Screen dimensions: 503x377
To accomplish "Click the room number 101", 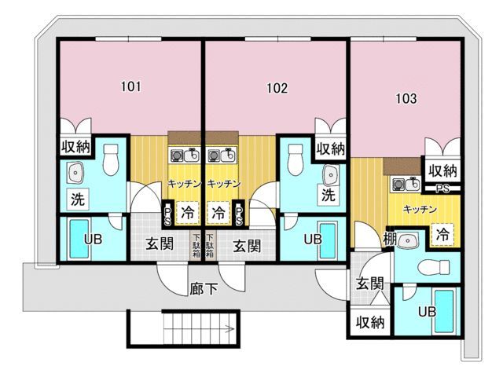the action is click(x=131, y=86).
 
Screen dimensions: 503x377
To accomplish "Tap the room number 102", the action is click(x=277, y=88).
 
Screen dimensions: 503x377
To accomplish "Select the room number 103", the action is click(x=406, y=98).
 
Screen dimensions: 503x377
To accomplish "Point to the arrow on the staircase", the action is click(x=229, y=328).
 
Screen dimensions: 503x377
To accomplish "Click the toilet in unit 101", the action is click(x=111, y=159).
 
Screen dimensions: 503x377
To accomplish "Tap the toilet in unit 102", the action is click(x=296, y=159).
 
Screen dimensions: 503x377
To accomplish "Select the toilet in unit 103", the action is click(x=434, y=266).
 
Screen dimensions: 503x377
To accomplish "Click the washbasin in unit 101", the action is click(x=75, y=173).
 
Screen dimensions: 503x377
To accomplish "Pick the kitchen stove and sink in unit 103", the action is click(x=406, y=185).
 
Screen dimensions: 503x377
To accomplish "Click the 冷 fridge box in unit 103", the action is click(x=442, y=234).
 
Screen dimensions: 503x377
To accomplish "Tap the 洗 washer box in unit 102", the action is click(x=329, y=195).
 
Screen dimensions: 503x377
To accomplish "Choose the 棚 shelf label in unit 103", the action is click(x=390, y=239).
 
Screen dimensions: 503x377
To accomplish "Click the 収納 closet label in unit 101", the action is click(x=75, y=147).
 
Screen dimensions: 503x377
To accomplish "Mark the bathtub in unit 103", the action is click(x=444, y=311).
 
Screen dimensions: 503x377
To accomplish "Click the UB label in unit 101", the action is click(x=93, y=239).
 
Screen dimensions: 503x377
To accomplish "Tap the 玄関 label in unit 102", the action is click(x=247, y=246).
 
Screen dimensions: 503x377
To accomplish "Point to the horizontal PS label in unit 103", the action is click(x=442, y=189).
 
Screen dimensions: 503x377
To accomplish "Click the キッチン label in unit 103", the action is click(x=420, y=210).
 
